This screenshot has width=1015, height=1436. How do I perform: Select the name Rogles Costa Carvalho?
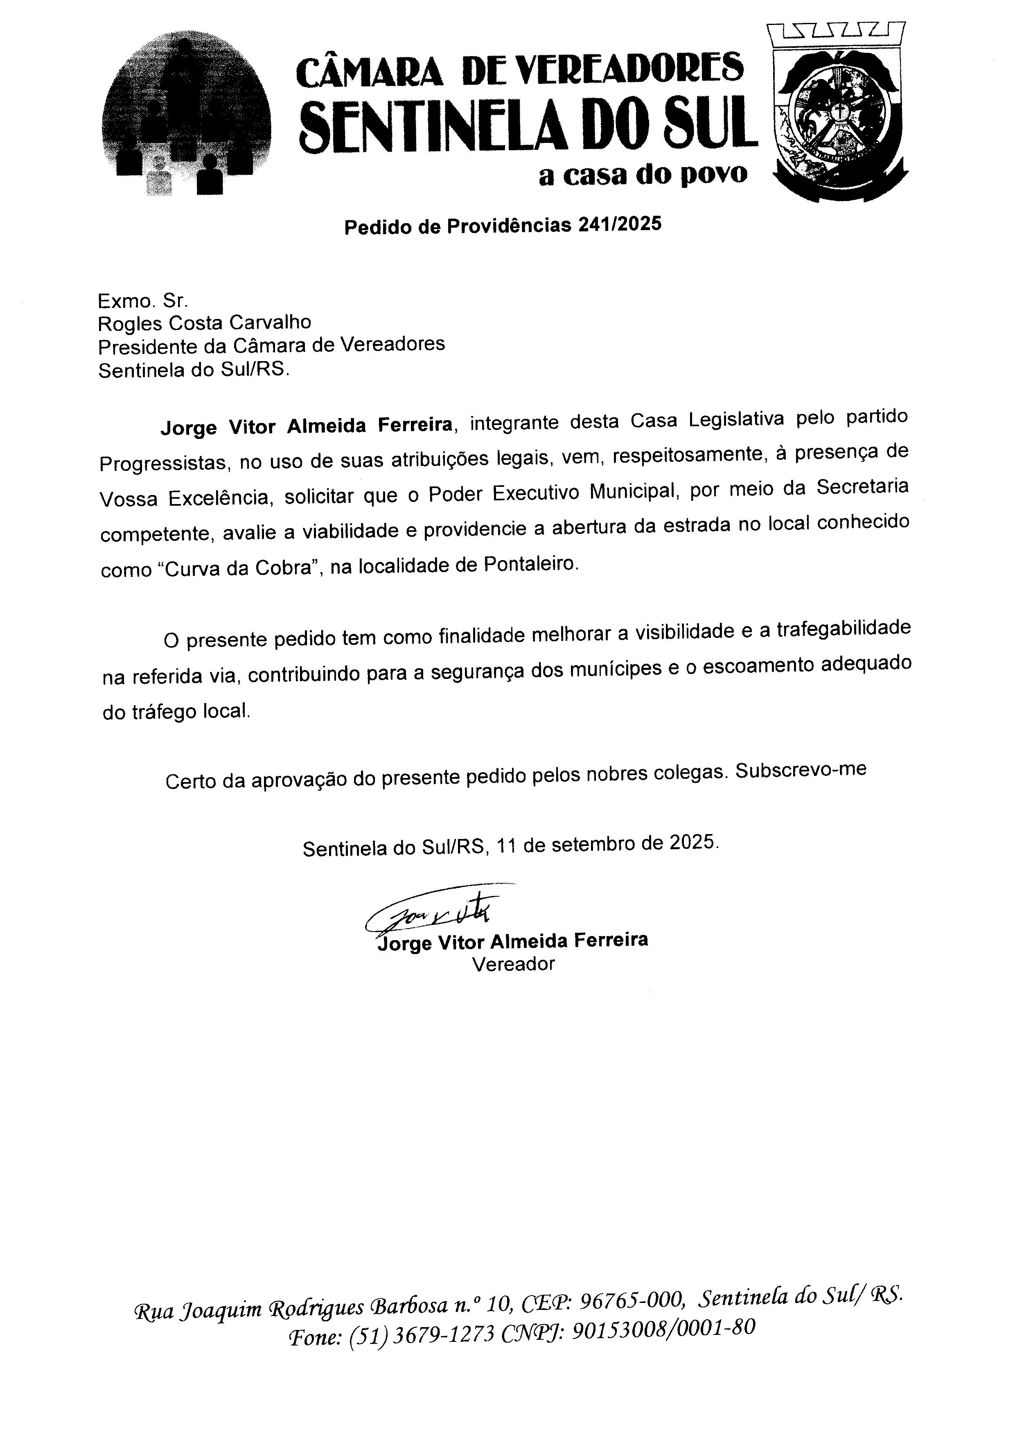(x=204, y=323)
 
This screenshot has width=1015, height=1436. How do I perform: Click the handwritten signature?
(x=431, y=913)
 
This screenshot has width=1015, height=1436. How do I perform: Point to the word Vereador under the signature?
(x=513, y=964)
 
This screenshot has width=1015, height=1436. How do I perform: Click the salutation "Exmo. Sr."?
(x=142, y=301)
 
